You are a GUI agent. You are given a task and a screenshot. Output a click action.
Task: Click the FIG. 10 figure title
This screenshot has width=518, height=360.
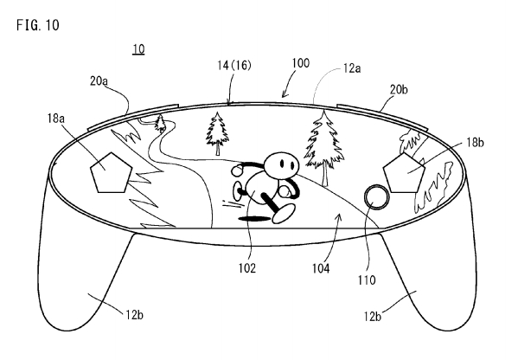coord(38,25)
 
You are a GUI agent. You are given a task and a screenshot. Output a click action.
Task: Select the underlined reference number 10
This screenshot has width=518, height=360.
coord(138,49)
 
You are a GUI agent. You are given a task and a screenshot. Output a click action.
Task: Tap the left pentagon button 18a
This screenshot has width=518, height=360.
coord(112,172)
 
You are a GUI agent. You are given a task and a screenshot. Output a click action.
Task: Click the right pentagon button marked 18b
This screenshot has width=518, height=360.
coord(404,172)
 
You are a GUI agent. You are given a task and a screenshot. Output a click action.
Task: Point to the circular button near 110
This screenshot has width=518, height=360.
coord(376,197)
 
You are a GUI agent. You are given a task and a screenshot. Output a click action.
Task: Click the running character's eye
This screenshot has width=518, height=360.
coord(282,164)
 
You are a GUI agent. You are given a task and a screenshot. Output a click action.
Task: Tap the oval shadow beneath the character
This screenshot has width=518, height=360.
coord(253,219)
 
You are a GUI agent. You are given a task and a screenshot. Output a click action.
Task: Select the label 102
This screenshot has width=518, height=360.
coord(247,268)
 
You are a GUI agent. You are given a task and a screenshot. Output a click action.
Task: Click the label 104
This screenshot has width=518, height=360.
coord(321,268)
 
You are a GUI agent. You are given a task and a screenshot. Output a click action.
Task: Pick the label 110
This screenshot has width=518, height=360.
coord(367,280)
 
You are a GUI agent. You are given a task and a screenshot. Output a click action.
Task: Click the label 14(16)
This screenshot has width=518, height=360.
coord(233,66)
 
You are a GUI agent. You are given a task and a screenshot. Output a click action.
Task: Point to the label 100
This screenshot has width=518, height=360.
coord(300,63)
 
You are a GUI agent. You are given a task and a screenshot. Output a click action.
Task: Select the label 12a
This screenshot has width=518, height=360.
coord(352,68)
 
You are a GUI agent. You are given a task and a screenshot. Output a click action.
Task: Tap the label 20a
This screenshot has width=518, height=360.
coord(99,81)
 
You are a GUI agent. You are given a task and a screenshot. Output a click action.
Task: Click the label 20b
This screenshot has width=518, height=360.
coord(399,89)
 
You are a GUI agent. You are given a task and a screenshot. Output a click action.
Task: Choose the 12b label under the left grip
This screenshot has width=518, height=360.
coord(134,315)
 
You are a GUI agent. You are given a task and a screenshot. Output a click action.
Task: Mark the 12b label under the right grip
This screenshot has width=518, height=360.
coord(373,317)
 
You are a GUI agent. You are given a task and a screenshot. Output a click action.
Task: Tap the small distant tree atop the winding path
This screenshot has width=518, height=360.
coord(161,123)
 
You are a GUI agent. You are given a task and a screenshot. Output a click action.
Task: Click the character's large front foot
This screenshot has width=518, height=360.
coord(284,213)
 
